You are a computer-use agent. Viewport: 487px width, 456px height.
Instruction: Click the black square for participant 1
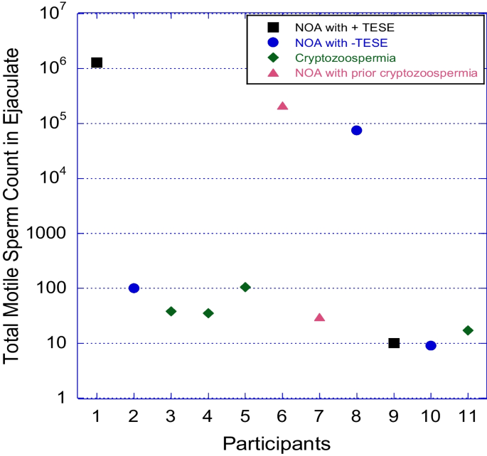point(97,63)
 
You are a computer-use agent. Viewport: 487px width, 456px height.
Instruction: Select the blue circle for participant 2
point(134,288)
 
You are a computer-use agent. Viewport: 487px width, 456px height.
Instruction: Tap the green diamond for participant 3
point(171,311)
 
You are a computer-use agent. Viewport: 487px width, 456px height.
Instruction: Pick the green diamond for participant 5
point(245,287)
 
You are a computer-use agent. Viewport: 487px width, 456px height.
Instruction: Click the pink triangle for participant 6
point(282,106)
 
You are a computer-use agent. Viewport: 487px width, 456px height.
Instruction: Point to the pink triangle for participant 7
point(319,317)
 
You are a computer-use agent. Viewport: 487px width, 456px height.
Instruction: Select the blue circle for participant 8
point(357,130)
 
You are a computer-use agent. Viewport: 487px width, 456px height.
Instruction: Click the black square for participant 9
point(394,343)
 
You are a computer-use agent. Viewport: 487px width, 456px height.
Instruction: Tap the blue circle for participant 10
point(431,345)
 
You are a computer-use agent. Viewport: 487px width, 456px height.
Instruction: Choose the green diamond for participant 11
point(468,330)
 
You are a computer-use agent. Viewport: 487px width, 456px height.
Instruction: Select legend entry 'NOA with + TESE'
point(335,27)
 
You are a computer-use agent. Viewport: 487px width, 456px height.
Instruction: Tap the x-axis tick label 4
point(208,416)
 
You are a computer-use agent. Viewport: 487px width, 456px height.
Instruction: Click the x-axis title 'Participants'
point(277,443)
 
